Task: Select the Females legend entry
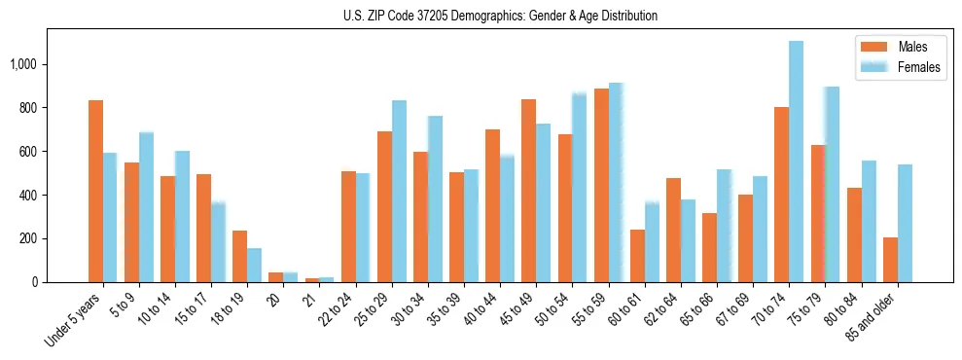coord(900,67)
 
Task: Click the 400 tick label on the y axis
coord(29,195)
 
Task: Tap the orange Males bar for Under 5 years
coord(95,191)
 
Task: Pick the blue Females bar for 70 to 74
coord(796,162)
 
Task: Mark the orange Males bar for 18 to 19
coord(239,256)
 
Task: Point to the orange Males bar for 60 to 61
coord(637,256)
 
